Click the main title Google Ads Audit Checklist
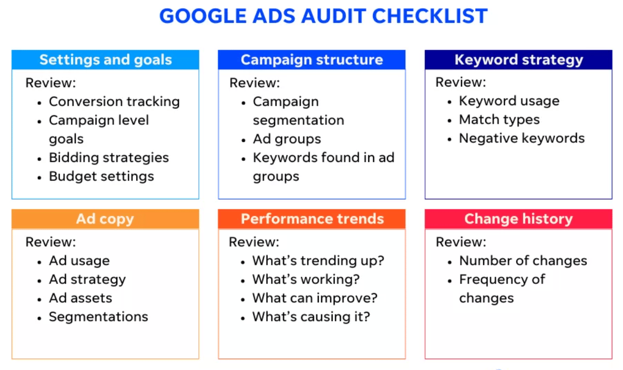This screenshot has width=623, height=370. (x=323, y=16)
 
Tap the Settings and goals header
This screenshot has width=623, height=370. (x=105, y=60)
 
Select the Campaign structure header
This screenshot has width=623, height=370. (x=312, y=60)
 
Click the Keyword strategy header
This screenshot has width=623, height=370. (x=518, y=60)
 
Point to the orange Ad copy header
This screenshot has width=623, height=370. (x=105, y=219)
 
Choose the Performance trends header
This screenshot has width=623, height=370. (x=312, y=219)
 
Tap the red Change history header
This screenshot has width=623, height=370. (x=518, y=219)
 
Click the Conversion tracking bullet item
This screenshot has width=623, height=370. (x=114, y=102)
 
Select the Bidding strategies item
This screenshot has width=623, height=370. (x=109, y=158)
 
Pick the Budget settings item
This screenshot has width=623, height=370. (x=101, y=176)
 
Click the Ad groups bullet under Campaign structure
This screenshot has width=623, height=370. (x=287, y=139)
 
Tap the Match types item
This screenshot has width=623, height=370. (x=499, y=120)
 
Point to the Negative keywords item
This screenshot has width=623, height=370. (x=522, y=138)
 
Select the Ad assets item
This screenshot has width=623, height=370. (x=80, y=298)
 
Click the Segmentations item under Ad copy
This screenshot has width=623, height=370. (x=99, y=317)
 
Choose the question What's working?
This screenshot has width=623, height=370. (x=306, y=279)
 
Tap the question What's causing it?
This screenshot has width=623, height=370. (x=311, y=317)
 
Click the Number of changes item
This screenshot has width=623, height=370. (x=523, y=261)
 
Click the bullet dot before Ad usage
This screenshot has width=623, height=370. (x=39, y=262)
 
